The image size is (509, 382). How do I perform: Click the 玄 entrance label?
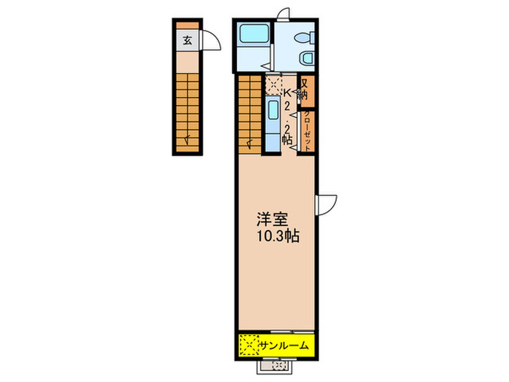tap(187, 41)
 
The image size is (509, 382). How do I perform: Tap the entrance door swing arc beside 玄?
tap(209, 41)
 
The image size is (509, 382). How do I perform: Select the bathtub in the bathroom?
tap(253, 35)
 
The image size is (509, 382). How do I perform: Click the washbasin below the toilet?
tap(306, 58)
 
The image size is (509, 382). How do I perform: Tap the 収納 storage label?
tap(305, 89)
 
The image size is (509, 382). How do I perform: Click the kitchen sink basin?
tap(272, 111)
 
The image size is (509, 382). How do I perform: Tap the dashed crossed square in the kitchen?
tap(273, 86)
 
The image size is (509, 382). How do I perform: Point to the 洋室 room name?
tap(268, 218)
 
